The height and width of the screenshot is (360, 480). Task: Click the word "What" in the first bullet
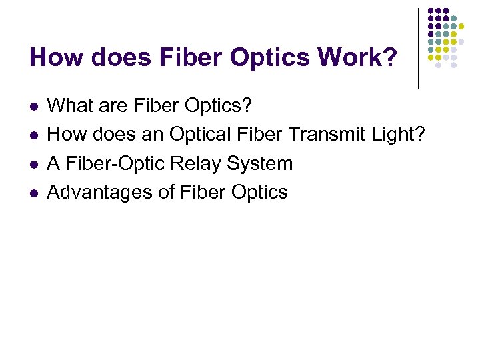tap(69, 105)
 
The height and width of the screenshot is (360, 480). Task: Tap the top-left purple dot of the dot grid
tap(431, 11)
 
